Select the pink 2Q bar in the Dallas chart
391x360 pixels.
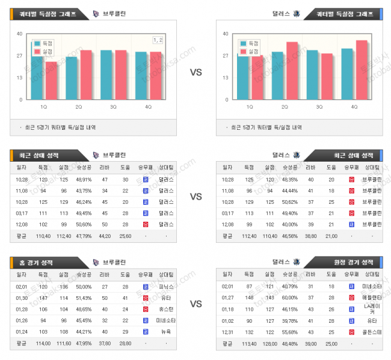[292, 71]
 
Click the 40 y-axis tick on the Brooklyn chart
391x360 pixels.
[20, 34]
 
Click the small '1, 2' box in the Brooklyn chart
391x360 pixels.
[158, 40]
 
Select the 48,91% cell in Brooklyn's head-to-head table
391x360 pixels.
[84, 180]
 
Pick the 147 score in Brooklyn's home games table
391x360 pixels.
[43, 298]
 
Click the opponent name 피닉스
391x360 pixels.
[165, 287]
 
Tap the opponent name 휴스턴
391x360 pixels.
[165, 309]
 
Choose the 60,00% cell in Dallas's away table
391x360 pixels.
[289, 298]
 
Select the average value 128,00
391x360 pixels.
[268, 344]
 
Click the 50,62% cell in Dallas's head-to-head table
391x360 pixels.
[289, 201]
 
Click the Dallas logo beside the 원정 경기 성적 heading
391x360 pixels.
[296, 262]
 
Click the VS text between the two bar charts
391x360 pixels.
[195, 72]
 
